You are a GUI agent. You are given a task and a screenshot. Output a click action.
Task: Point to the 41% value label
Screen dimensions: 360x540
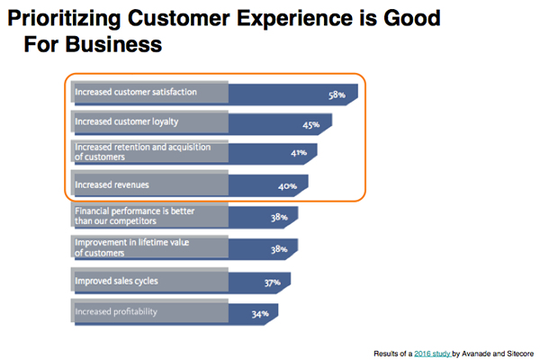pyautogui.click(x=299, y=153)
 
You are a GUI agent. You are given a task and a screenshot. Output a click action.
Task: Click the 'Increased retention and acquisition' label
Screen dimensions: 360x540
pyautogui.click(x=144, y=147)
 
